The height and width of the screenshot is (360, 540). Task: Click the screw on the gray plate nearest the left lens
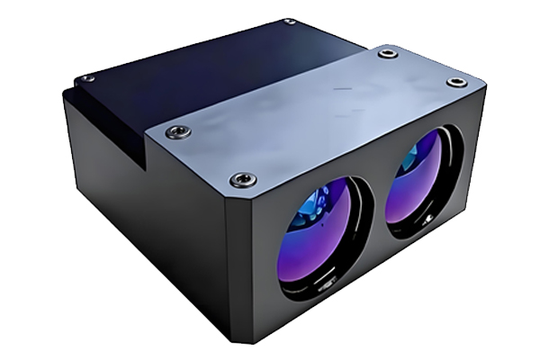[x=243, y=180]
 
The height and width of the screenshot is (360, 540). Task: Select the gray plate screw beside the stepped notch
[x=178, y=131]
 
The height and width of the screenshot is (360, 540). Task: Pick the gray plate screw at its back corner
[x=387, y=53]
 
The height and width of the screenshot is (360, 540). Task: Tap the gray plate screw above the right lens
[x=456, y=82]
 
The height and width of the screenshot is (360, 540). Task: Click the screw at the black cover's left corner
[x=87, y=78]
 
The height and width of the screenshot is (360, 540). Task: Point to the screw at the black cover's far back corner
[x=288, y=22]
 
